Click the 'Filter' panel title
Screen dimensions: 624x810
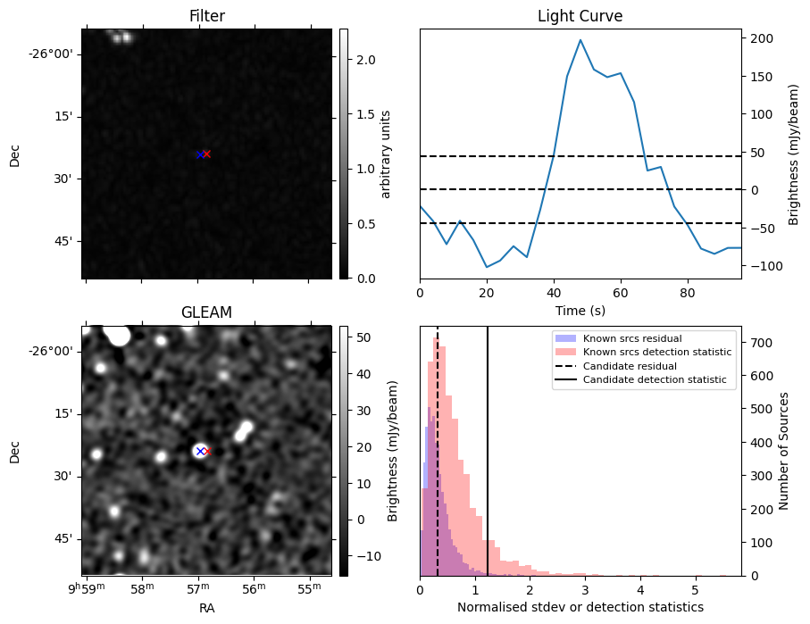pos(206,16)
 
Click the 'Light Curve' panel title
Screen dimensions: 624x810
pos(580,16)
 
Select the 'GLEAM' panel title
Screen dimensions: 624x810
pos(206,312)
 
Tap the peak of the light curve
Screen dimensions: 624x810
pos(580,40)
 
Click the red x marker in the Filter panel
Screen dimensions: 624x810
pos(206,154)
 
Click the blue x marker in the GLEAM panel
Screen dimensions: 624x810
pos(200,451)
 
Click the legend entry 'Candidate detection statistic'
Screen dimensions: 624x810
pos(656,380)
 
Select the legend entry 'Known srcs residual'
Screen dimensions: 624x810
pos(632,338)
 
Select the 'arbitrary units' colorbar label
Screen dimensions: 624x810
pos(386,154)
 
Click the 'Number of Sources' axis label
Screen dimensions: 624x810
pos(785,451)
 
